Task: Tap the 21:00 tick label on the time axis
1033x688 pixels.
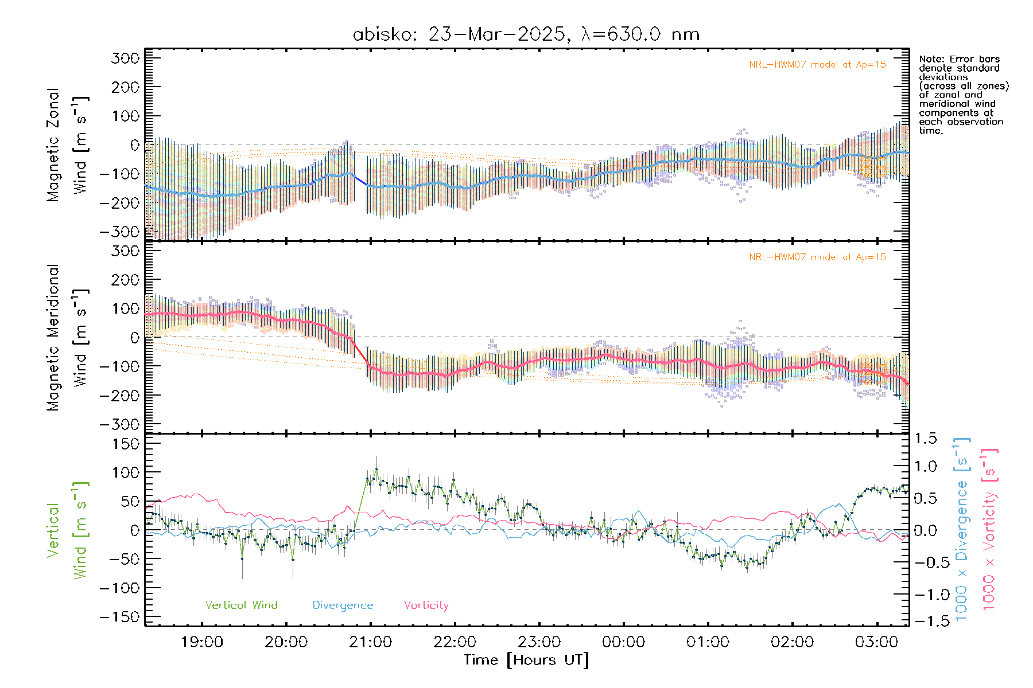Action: pos(370,642)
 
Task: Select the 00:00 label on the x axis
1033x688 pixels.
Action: pos(623,642)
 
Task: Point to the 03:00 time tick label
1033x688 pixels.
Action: pos(876,642)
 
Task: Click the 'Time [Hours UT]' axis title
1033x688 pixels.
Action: pos(526,660)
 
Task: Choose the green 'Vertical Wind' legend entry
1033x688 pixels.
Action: pos(241,605)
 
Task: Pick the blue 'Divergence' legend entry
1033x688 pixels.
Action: pos(343,605)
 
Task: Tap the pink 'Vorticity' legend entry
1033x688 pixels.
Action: pos(426,605)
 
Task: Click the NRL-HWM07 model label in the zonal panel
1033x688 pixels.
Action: pos(817,65)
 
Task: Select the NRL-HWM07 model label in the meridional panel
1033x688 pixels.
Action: pos(817,257)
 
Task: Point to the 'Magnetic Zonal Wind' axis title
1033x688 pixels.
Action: pos(68,145)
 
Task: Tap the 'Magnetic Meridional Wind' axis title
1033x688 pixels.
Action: pos(68,338)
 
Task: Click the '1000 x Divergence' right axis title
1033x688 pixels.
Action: pos(962,529)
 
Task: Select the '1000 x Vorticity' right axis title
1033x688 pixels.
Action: pos(989,529)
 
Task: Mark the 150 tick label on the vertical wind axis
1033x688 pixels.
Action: pos(126,444)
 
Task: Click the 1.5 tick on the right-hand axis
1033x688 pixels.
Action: pos(926,439)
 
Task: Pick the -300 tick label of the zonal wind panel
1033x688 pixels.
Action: pos(119,232)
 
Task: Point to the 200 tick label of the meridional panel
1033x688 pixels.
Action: pos(126,280)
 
